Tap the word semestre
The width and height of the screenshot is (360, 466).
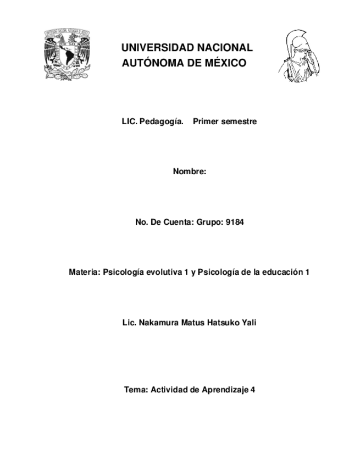pos(239,121)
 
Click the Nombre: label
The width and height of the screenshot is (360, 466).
pos(190,172)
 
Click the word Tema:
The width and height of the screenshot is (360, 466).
pos(136,390)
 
